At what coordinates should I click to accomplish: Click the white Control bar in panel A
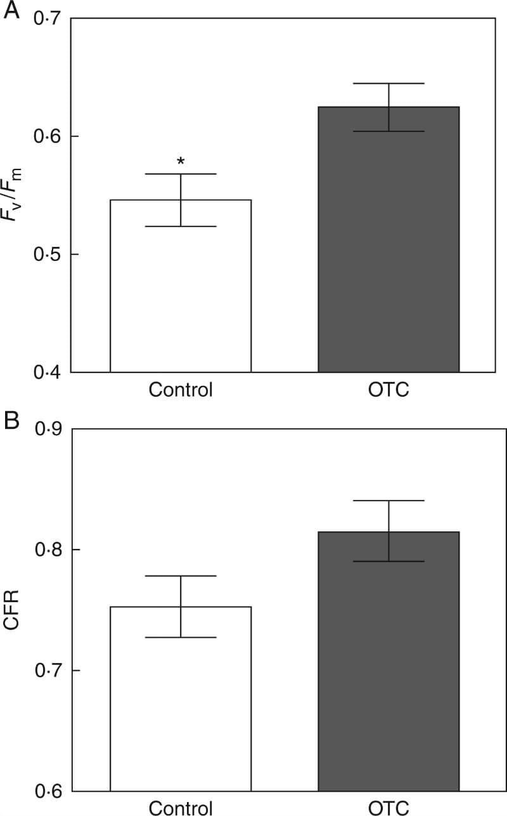pyautogui.click(x=181, y=298)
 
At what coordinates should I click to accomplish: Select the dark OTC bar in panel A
pyautogui.click(x=388, y=254)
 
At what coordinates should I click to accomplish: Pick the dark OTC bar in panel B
pyautogui.click(x=388, y=673)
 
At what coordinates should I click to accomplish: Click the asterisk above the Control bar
pyautogui.click(x=181, y=162)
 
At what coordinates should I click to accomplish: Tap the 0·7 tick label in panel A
pyautogui.click(x=46, y=19)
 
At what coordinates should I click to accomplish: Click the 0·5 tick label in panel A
pyautogui.click(x=46, y=254)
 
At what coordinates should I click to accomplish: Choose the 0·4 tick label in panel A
pyautogui.click(x=46, y=372)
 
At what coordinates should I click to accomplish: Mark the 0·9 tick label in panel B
pyautogui.click(x=46, y=430)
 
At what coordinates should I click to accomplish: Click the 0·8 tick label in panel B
pyautogui.click(x=46, y=549)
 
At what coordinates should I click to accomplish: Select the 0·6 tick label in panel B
pyautogui.click(x=46, y=791)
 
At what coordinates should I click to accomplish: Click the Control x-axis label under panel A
pyautogui.click(x=181, y=390)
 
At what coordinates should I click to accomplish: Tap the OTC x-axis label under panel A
pyautogui.click(x=388, y=390)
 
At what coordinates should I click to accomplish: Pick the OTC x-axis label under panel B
pyautogui.click(x=388, y=808)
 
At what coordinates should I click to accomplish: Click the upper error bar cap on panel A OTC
pyautogui.click(x=388, y=84)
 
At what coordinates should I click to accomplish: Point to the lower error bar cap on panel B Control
pyautogui.click(x=181, y=637)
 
